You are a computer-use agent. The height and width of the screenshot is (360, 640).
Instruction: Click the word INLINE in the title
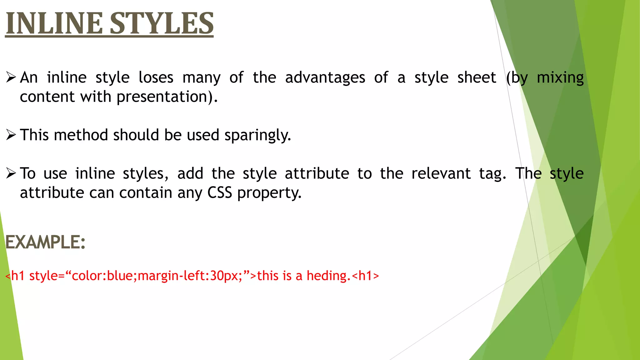pyautogui.click(x=54, y=23)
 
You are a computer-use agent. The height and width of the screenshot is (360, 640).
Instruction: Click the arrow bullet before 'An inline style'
pyautogui.click(x=11, y=77)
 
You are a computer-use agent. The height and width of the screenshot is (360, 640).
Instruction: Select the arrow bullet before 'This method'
pyautogui.click(x=11, y=135)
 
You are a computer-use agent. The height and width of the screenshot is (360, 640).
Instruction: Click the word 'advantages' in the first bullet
pyautogui.click(x=325, y=77)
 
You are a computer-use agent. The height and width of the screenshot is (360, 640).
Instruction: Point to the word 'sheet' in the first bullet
pyautogui.click(x=477, y=77)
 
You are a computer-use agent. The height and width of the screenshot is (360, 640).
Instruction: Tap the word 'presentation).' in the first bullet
pyautogui.click(x=167, y=97)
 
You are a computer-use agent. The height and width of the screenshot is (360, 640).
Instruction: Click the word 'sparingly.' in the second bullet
pyautogui.click(x=257, y=135)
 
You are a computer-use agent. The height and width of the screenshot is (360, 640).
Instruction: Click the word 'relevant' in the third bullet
pyautogui.click(x=441, y=173)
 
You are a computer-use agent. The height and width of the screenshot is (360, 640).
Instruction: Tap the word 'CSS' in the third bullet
pyautogui.click(x=220, y=193)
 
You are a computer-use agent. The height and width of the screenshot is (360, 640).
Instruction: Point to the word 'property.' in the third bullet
pyautogui.click(x=269, y=193)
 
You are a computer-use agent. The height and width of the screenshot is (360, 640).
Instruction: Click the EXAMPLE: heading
pyautogui.click(x=45, y=242)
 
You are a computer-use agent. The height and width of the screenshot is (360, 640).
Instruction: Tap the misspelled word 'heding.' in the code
pyautogui.click(x=328, y=276)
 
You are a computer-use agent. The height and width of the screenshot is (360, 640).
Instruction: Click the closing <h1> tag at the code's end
pyautogui.click(x=365, y=276)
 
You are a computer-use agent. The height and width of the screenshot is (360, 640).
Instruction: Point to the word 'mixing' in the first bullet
pyautogui.click(x=560, y=78)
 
